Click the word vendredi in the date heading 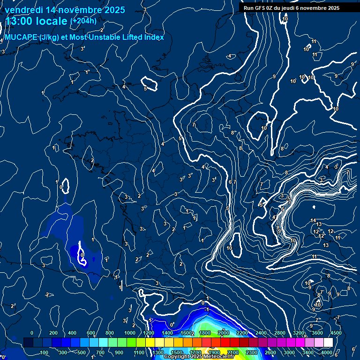[25, 10]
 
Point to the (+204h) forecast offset [83, 21]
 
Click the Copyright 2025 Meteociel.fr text [199, 356]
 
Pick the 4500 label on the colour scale [335, 333]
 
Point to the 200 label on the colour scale [53, 333]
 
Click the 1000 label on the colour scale [129, 333]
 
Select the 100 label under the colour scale [44, 352]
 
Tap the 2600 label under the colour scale [270, 352]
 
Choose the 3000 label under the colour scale [289, 352]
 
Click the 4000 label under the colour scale [327, 352]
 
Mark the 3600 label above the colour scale [317, 333]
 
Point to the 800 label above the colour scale [110, 333]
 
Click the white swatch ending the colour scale [337, 343]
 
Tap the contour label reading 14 [313, 220]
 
